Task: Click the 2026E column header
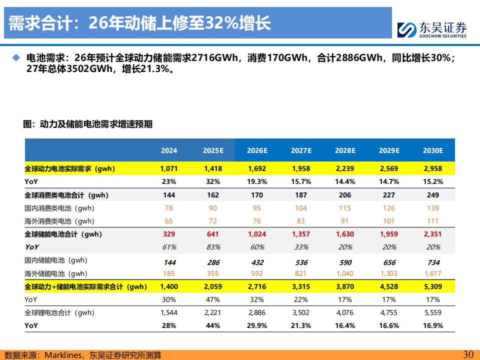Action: coord(257,150)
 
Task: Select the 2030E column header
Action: coord(433,150)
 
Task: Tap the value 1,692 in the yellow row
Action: coord(257,168)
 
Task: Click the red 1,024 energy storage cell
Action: coord(257,234)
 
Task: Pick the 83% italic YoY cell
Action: coord(213,247)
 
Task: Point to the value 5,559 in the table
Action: coord(433,312)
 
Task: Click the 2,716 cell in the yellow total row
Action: coord(257,287)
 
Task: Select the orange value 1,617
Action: coord(433,273)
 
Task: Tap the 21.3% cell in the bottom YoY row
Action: coord(301,325)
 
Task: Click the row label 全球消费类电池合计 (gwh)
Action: coord(66,195)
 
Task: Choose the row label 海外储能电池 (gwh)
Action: coord(56,273)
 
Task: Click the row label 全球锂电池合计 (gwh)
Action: coord(59,313)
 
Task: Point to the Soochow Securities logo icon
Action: coord(406,29)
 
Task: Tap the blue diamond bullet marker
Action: coord(16,57)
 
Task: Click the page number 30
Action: coord(468,354)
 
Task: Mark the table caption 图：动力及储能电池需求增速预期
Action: coord(87,124)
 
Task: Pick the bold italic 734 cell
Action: coord(433,262)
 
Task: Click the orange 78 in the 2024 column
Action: coord(168,208)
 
